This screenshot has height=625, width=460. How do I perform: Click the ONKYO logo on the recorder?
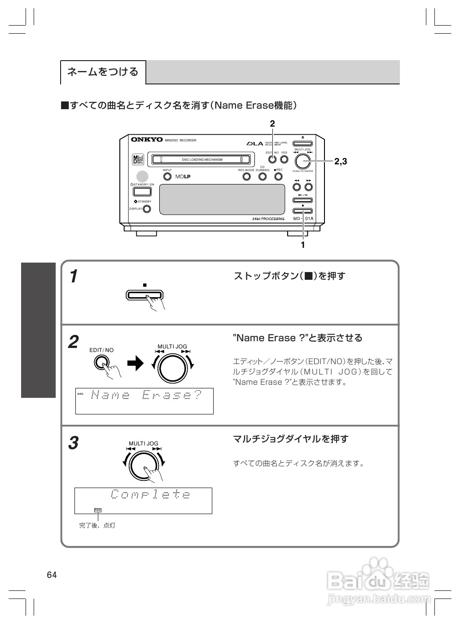click(x=147, y=140)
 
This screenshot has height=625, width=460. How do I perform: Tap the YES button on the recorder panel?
click(x=284, y=159)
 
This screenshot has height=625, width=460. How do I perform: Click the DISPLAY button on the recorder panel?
click(x=147, y=209)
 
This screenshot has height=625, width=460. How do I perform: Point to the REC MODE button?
click(x=246, y=176)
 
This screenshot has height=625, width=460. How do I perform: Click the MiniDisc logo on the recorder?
click(x=138, y=159)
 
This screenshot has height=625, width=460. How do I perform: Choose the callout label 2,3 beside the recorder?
click(x=341, y=161)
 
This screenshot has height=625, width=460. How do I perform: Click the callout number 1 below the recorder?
click(x=303, y=245)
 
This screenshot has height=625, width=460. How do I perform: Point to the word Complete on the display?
click(x=150, y=495)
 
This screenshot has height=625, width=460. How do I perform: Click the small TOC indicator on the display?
click(x=98, y=510)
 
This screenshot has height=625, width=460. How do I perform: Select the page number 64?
click(x=52, y=575)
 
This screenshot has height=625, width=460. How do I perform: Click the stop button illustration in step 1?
click(x=144, y=295)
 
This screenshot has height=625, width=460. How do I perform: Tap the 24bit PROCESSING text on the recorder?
click(x=268, y=219)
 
